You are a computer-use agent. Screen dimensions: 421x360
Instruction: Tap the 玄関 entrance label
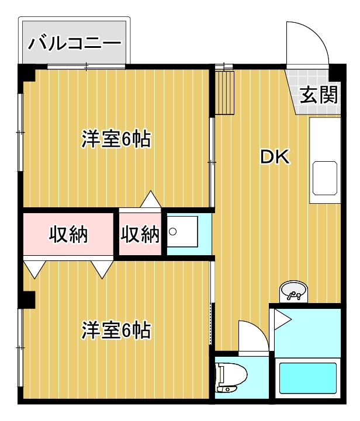pos(319,95)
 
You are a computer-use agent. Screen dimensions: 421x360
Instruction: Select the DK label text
pos(275,157)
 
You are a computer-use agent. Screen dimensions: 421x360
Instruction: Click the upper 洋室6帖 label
pos(116,140)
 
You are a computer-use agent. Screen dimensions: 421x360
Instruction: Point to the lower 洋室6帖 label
pos(116,330)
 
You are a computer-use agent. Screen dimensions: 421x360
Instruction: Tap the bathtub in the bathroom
pos(308,380)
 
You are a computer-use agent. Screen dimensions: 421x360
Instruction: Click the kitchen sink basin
pos(325,179)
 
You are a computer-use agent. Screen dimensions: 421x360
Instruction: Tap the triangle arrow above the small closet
pos(151,200)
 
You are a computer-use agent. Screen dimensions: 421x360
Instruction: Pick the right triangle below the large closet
pos(102,268)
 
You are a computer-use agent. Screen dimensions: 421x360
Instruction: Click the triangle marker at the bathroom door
pos(282,319)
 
